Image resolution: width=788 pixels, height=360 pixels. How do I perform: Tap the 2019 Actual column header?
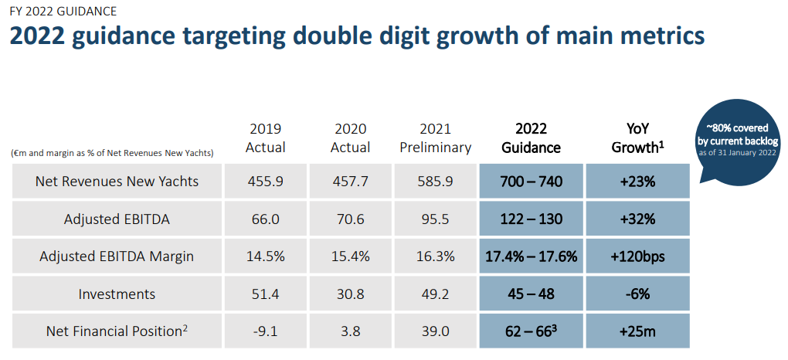[265, 138]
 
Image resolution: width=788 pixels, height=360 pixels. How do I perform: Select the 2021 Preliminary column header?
[435, 138]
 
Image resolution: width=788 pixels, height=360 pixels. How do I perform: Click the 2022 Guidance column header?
[531, 138]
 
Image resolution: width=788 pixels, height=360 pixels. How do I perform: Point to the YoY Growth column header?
[637, 138]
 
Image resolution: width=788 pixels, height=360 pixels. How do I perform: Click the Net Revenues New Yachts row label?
[117, 182]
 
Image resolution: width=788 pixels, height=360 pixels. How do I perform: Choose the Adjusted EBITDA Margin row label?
[117, 256]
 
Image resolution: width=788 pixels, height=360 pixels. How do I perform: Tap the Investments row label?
[117, 294]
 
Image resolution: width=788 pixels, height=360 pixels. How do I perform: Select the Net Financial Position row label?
[117, 331]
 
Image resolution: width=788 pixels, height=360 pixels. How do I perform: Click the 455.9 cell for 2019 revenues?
[265, 182]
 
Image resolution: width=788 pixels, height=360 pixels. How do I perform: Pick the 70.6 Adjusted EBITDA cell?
[350, 219]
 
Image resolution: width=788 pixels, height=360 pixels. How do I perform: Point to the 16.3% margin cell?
[435, 256]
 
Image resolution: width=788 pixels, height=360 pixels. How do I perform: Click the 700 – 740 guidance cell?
[531, 182]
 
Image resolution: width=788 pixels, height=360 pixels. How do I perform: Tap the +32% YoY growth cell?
[637, 219]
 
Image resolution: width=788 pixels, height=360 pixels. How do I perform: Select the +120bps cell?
[637, 256]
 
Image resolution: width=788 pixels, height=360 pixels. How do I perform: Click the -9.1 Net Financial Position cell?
[265, 331]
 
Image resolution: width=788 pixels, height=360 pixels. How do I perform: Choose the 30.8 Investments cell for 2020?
[350, 294]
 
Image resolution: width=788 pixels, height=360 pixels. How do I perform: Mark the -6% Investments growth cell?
[637, 294]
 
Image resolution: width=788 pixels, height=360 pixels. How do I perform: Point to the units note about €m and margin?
[113, 153]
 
